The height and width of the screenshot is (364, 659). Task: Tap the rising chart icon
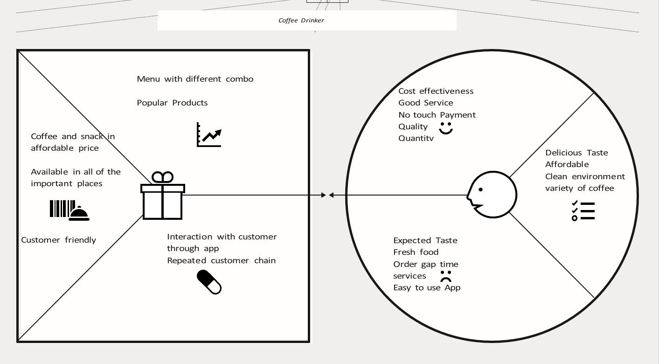pos(209,135)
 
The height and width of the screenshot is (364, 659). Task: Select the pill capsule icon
pos(209,282)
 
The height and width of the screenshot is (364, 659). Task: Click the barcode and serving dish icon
pos(69,210)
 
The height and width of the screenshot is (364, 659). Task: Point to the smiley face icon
pos(446,128)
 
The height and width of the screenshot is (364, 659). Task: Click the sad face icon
pos(446,276)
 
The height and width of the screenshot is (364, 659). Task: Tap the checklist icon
pos(583,211)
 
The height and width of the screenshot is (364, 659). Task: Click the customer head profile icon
pos(492,195)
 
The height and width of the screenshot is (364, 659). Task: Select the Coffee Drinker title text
pos(301,21)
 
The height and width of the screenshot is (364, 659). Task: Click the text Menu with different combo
pos(195,79)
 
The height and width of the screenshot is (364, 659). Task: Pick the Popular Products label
pos(172,103)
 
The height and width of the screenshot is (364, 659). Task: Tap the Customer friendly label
pos(58,240)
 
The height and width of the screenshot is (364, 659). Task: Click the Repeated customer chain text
pos(221,260)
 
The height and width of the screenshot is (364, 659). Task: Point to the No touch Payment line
pos(437,115)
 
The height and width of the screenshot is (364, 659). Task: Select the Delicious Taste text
pos(576,153)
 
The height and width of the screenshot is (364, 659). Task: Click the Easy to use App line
pos(427,287)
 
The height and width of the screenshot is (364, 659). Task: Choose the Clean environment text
pos(585,176)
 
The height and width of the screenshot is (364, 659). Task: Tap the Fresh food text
pos(416,252)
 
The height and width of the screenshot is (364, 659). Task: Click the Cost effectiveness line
pos(436,91)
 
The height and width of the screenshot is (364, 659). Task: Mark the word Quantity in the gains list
pos(416,138)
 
